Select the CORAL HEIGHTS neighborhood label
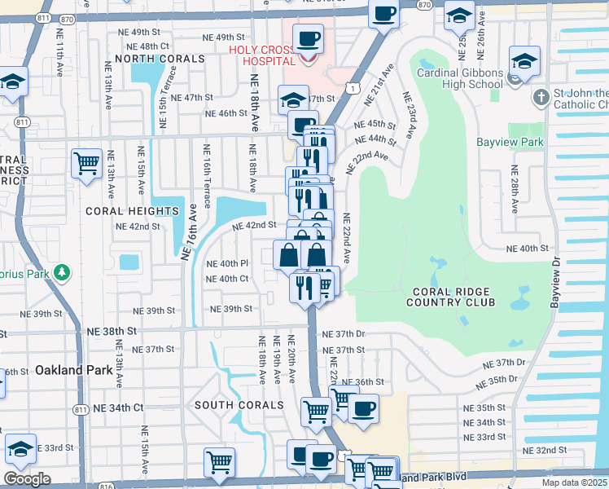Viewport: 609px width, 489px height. pos(132,210)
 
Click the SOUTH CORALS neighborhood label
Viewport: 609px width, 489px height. pos(238,405)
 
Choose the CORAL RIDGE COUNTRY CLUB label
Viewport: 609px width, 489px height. pos(453,297)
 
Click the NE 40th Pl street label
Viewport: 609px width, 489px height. pos(227,263)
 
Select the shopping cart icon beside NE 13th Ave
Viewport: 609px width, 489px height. pos(86,163)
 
